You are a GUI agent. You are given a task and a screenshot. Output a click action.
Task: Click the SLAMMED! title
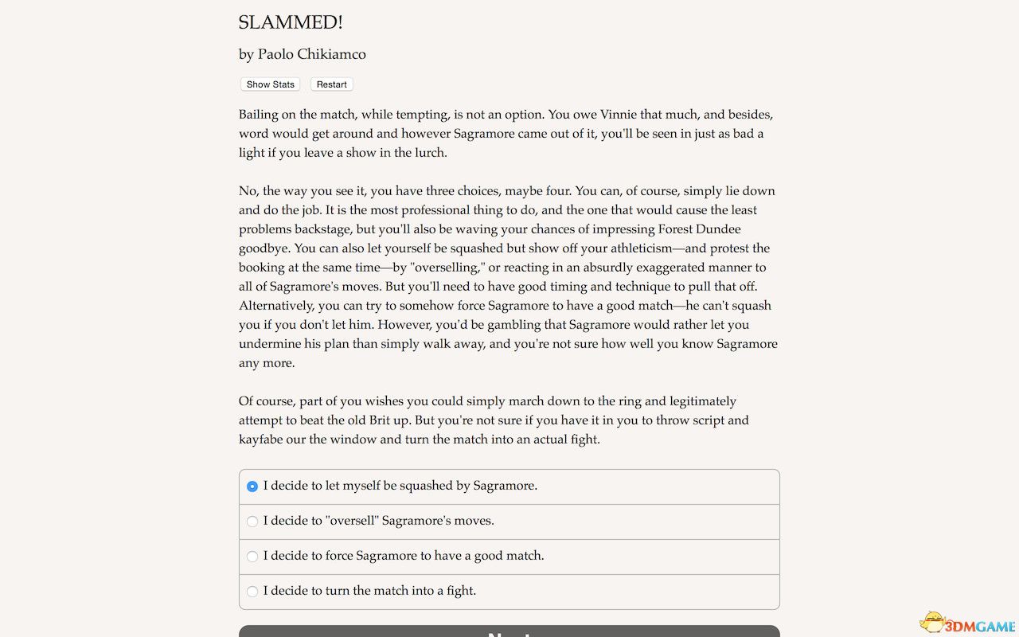pyautogui.click(x=291, y=22)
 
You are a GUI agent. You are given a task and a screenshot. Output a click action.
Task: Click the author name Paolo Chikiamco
pyautogui.click(x=311, y=54)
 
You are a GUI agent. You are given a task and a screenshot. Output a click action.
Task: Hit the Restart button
pyautogui.click(x=331, y=84)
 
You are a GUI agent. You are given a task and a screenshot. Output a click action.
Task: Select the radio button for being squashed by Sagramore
pyautogui.click(x=252, y=486)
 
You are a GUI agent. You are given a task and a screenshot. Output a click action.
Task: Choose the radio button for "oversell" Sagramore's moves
pyautogui.click(x=252, y=522)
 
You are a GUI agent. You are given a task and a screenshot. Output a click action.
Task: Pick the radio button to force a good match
pyautogui.click(x=252, y=557)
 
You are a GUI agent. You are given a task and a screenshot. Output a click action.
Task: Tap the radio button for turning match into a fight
pyautogui.click(x=252, y=592)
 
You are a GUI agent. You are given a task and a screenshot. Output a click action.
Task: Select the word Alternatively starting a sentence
pyautogui.click(x=279, y=306)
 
